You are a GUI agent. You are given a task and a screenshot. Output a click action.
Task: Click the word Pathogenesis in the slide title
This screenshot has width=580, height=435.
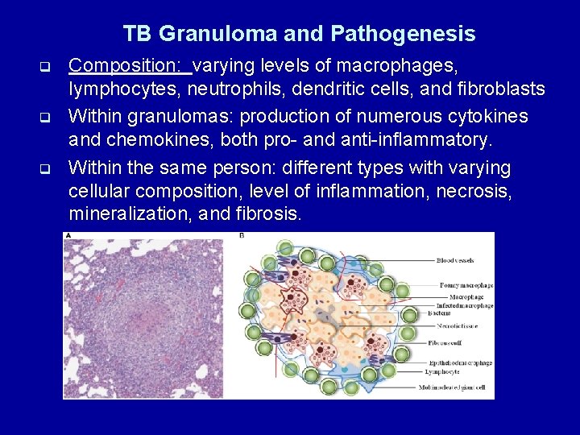[402, 34]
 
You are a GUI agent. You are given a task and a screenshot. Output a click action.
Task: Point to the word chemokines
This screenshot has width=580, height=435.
[151, 141]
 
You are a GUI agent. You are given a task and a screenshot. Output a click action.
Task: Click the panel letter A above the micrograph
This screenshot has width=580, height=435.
[68, 236]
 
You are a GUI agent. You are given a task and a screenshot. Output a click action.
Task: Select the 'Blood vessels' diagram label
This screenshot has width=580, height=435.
[455, 260]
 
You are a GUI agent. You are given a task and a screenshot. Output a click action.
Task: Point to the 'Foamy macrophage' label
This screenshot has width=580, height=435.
[466, 285]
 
